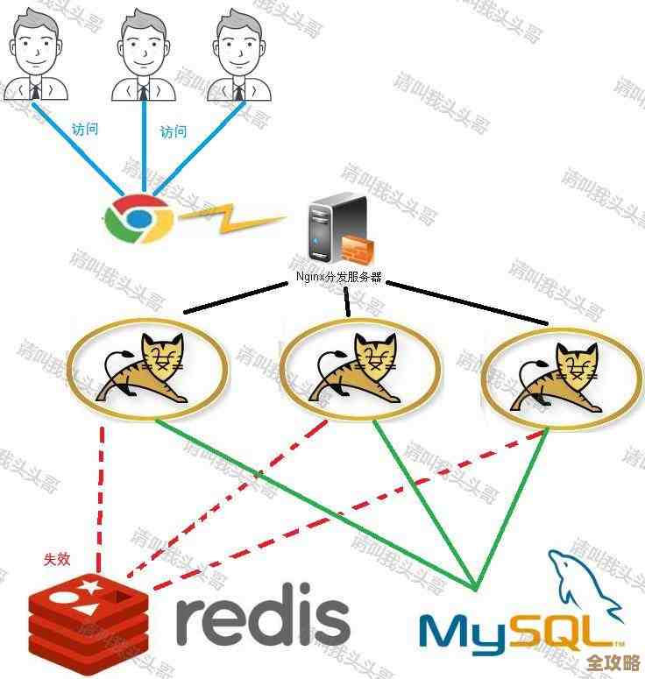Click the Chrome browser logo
138,218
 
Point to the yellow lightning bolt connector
231,219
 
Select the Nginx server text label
339,277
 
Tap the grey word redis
262,619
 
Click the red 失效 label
58,559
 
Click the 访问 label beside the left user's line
85,129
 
